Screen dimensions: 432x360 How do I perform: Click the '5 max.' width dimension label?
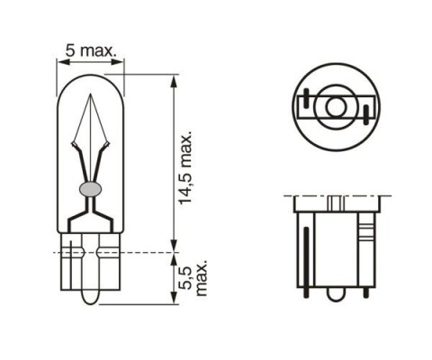click(91, 50)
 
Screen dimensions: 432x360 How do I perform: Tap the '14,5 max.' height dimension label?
click(185, 167)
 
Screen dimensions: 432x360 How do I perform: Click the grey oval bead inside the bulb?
click(91, 189)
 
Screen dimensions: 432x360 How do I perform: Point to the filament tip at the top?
click(91, 94)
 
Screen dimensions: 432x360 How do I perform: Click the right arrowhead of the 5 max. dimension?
click(117, 62)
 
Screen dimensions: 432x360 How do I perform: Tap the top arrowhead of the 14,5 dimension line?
click(173, 81)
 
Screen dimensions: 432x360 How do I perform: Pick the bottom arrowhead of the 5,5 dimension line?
click(173, 298)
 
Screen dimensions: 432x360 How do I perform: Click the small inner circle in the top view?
click(336, 107)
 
